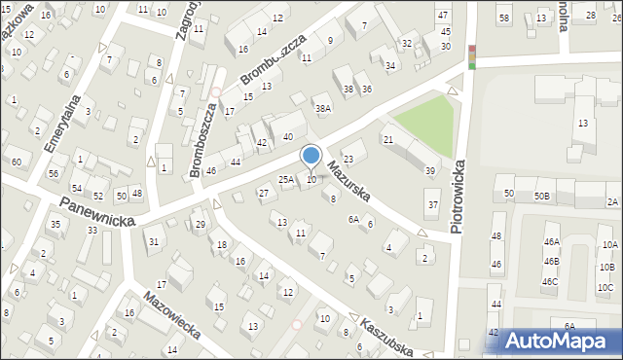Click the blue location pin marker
pos(311,157)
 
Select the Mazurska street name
pos(348,180)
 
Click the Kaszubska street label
pos(388,336)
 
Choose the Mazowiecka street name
pos(172,315)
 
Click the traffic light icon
pos(472,56)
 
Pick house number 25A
pos(286,180)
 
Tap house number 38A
pos(323,108)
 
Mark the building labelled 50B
pos(541,197)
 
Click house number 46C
pos(550,282)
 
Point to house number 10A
pos(609,245)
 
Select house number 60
pos(17,162)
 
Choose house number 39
pos(430,171)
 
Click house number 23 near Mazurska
pos(348,158)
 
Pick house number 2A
pos(611,201)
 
